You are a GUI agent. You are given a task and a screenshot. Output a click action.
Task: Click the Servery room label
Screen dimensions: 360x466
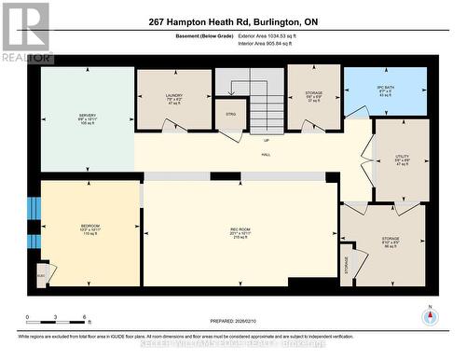(x=87, y=118)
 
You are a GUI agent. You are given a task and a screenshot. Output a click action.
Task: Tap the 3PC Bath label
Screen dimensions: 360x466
(x=387, y=91)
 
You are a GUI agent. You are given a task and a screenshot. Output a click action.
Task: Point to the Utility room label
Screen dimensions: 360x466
(x=402, y=159)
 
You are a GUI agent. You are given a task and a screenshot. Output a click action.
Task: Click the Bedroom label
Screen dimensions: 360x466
(x=89, y=228)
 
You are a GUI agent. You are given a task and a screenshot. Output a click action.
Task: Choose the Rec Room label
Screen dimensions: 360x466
(x=240, y=233)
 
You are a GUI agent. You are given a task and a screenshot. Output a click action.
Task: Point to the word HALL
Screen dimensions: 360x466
(x=266, y=154)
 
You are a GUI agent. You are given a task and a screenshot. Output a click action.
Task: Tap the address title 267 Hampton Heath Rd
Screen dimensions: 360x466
(x=232, y=21)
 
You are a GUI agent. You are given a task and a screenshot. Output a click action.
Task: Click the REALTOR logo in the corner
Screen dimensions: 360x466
(x=25, y=32)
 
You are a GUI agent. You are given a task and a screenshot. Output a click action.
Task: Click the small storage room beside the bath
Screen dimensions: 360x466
(x=314, y=95)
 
